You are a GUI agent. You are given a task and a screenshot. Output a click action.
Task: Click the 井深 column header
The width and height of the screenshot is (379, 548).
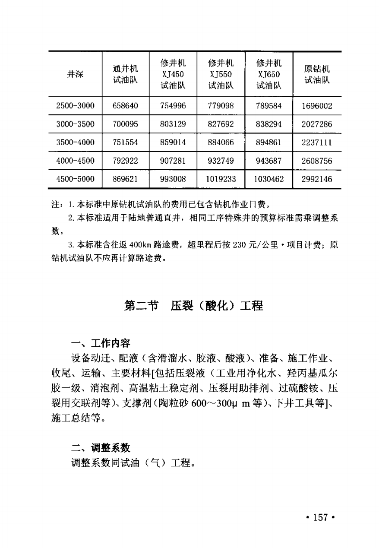coord(75,74)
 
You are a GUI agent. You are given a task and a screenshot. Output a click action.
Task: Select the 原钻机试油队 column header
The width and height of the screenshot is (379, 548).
coord(317,74)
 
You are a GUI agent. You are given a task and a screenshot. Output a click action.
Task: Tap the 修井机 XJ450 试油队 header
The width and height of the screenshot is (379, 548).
coord(173,74)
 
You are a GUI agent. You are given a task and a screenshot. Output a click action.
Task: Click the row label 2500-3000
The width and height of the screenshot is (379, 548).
coord(75,105)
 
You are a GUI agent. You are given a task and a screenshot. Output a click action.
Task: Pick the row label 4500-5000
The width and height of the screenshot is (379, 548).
coord(75,179)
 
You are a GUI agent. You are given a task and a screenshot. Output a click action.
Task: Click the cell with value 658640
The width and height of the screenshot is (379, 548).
coord(125,105)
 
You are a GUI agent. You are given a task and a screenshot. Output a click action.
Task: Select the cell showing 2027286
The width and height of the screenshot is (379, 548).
coord(317,124)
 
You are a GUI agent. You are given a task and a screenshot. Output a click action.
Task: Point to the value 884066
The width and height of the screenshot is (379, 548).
coord(221,143)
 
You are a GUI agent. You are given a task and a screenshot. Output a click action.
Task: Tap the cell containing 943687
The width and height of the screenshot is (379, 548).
coord(268,161)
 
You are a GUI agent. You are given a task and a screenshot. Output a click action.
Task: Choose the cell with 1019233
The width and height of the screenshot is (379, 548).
coord(221,179)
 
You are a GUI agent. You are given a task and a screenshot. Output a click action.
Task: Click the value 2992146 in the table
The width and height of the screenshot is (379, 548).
coord(317,179)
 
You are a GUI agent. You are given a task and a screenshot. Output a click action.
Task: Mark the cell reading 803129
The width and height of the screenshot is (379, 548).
coord(173,124)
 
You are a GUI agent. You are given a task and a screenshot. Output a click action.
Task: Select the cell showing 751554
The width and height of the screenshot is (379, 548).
coord(125,143)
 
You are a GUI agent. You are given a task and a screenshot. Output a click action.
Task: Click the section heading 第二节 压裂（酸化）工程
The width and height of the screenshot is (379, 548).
coord(193,306)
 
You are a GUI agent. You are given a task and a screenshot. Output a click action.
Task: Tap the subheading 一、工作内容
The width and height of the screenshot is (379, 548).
coord(101,343)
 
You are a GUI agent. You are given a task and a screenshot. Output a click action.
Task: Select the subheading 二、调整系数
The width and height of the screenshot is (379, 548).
coord(101,448)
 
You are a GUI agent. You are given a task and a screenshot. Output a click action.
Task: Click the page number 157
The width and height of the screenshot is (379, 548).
coord(320,518)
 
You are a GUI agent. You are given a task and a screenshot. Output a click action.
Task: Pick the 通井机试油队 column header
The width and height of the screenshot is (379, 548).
coord(125,74)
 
